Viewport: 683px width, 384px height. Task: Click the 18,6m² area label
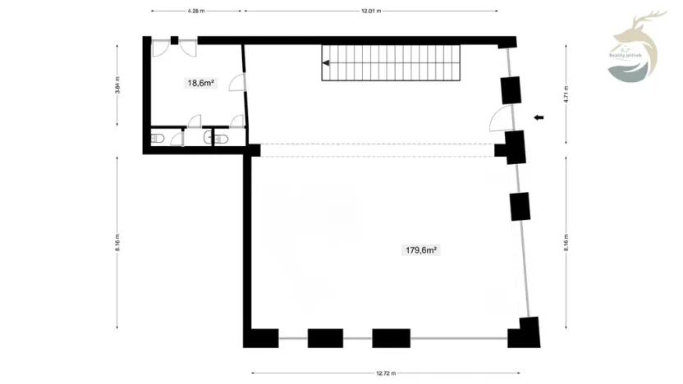tap(200, 82)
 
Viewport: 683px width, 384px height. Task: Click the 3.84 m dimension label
tap(117, 88)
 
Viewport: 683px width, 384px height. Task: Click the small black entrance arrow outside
tap(539, 118)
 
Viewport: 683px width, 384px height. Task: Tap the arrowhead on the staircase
tap(326, 62)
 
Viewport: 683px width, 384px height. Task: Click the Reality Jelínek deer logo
tap(635, 48)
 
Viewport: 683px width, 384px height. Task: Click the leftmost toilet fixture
tap(159, 138)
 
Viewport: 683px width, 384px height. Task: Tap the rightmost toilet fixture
tap(221, 138)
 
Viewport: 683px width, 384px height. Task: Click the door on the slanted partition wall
tap(236, 83)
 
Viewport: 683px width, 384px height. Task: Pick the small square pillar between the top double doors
tap(174, 39)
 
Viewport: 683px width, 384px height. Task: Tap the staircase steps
tap(394, 62)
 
